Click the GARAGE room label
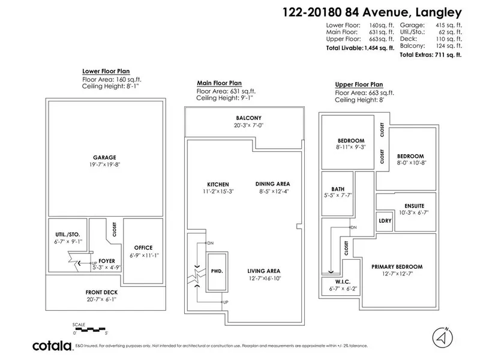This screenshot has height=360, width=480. coord(105,157)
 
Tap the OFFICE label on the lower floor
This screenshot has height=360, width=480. coord(143,247)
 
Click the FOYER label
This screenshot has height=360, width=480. coord(106,262)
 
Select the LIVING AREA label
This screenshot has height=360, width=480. coord(264,271)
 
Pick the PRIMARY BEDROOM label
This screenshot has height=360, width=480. coord(397,266)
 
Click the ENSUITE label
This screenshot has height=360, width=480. coord(413,206)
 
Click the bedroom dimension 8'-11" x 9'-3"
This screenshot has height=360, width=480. coord(350,146)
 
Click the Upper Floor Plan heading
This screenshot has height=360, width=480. coord(359,85)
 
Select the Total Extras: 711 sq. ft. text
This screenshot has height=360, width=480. coord(430,54)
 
